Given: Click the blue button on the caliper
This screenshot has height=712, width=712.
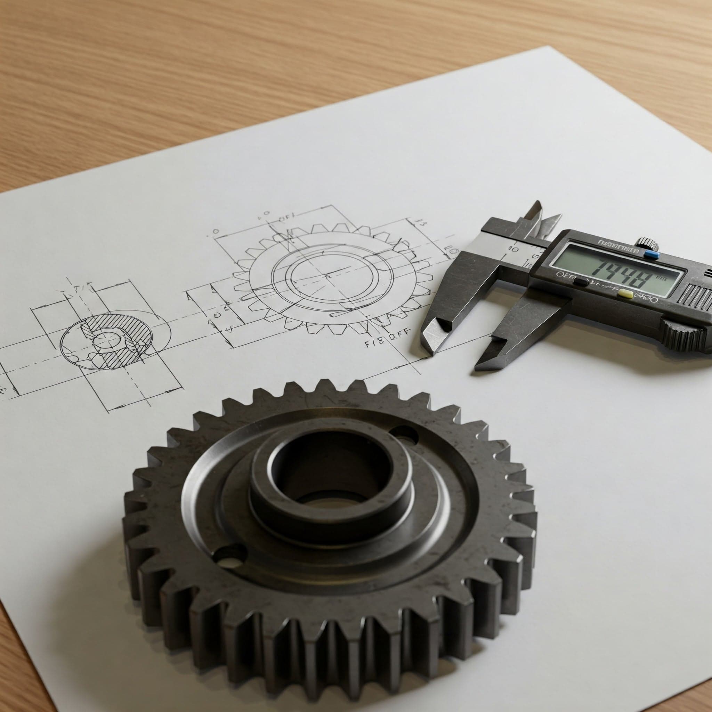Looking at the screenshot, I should pyautogui.click(x=651, y=254).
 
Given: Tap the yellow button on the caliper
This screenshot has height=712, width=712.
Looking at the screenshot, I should pyautogui.click(x=626, y=293).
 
